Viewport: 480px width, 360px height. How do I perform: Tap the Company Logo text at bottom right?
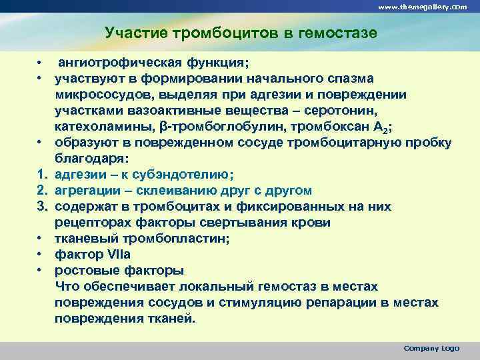(431, 349)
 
